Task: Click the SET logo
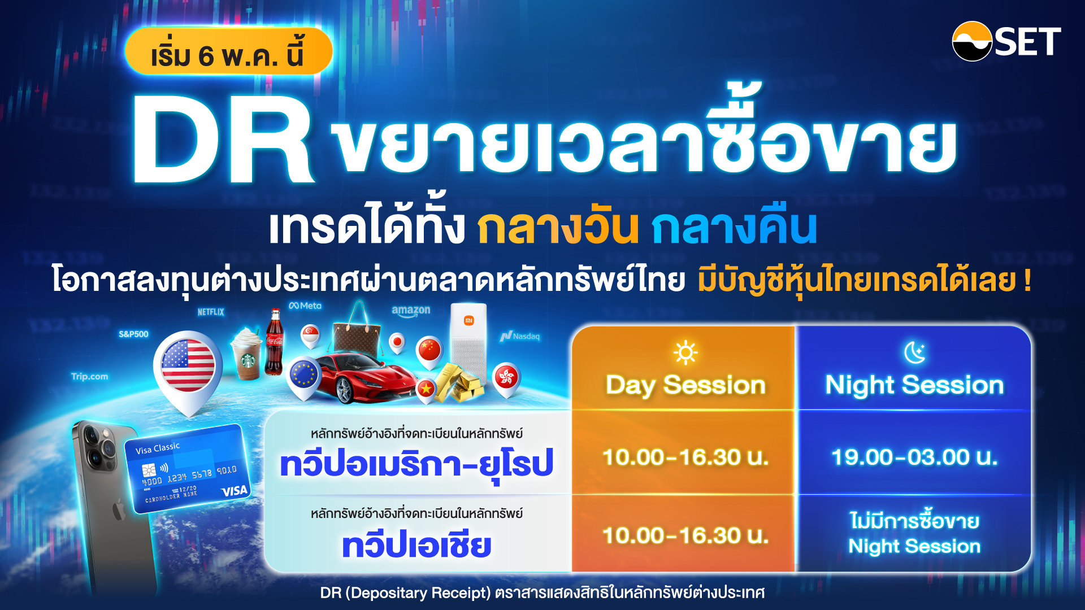tap(1006, 41)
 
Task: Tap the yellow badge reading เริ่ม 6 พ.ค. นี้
tap(228, 52)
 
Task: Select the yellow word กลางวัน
tap(557, 227)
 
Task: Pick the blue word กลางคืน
tap(734, 227)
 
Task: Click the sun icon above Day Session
tap(685, 352)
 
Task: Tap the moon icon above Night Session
tap(914, 352)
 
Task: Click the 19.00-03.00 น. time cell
tap(914, 457)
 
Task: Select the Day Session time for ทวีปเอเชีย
tap(685, 535)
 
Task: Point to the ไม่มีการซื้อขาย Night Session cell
tap(914, 533)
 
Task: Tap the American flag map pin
tap(188, 367)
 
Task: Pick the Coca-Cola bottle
tap(275, 342)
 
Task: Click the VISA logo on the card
tap(234, 491)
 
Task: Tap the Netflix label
tap(211, 312)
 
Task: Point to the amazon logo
tap(411, 311)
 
